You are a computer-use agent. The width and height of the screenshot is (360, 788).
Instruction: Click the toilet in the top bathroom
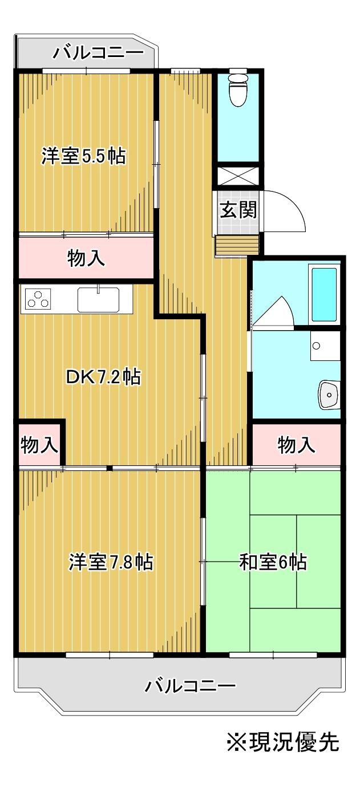(237, 90)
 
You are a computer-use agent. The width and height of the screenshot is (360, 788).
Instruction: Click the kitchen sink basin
(98, 299)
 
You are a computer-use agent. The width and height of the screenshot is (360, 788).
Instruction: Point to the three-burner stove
(38, 299)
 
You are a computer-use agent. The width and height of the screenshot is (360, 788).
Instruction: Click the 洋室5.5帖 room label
(84, 156)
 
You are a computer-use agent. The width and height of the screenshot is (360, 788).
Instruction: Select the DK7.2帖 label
(103, 377)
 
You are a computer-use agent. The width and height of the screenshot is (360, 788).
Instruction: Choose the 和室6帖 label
(273, 563)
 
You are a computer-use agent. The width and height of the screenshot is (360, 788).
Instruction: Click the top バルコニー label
(98, 54)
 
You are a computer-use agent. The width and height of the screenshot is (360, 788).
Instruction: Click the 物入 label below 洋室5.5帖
(86, 259)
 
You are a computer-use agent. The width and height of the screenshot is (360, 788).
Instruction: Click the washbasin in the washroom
(329, 394)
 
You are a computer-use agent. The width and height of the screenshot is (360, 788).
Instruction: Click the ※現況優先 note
(283, 742)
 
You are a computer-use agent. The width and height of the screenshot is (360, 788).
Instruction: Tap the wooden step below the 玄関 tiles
(237, 245)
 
